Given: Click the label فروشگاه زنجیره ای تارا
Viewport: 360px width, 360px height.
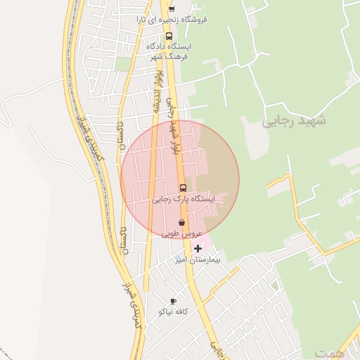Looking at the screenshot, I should [172, 20].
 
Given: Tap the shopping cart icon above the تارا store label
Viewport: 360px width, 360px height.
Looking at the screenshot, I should [172, 8].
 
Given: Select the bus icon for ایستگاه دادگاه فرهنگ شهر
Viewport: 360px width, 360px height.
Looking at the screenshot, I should [169, 36].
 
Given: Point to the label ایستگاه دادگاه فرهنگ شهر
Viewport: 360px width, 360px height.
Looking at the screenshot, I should [169, 51].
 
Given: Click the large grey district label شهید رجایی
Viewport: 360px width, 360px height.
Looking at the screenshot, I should [295, 120].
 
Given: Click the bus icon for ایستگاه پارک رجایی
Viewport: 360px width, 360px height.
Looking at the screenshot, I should [183, 188].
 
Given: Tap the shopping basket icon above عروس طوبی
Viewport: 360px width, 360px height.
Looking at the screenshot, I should [181, 222].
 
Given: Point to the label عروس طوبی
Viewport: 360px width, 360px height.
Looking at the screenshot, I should [182, 233].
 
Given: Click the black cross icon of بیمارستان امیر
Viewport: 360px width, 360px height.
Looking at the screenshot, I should [198, 248].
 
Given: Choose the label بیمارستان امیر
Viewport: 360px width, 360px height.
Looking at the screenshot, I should [198, 259].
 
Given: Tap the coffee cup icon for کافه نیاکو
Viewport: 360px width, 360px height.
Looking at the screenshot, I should [173, 301].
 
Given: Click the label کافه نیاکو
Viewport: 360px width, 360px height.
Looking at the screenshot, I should [173, 311].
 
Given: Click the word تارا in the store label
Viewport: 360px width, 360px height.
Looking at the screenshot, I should [143, 20].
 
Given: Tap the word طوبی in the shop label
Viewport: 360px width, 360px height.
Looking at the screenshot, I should [173, 233].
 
